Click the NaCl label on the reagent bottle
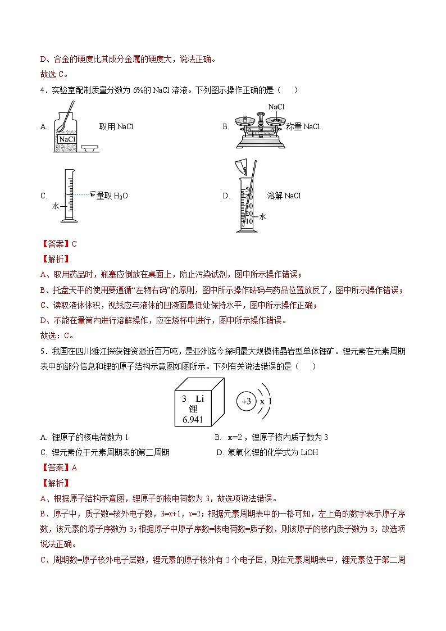pyautogui.click(x=67, y=139)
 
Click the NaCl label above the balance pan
pyautogui.click(x=276, y=107)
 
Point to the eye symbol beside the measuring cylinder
pyautogui.click(x=93, y=194)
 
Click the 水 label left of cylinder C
pyautogui.click(x=56, y=206)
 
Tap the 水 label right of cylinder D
pyautogui.click(x=262, y=216)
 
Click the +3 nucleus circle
pyautogui.click(x=247, y=402)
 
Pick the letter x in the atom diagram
pyautogui.click(x=262, y=402)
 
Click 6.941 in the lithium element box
pyautogui.click(x=193, y=420)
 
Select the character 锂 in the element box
pyautogui.click(x=193, y=409)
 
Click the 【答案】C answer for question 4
pyautogui.click(x=58, y=244)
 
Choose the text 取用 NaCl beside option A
pyautogui.click(x=116, y=127)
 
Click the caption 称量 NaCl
pyautogui.click(x=303, y=127)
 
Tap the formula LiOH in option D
pyautogui.click(x=308, y=452)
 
